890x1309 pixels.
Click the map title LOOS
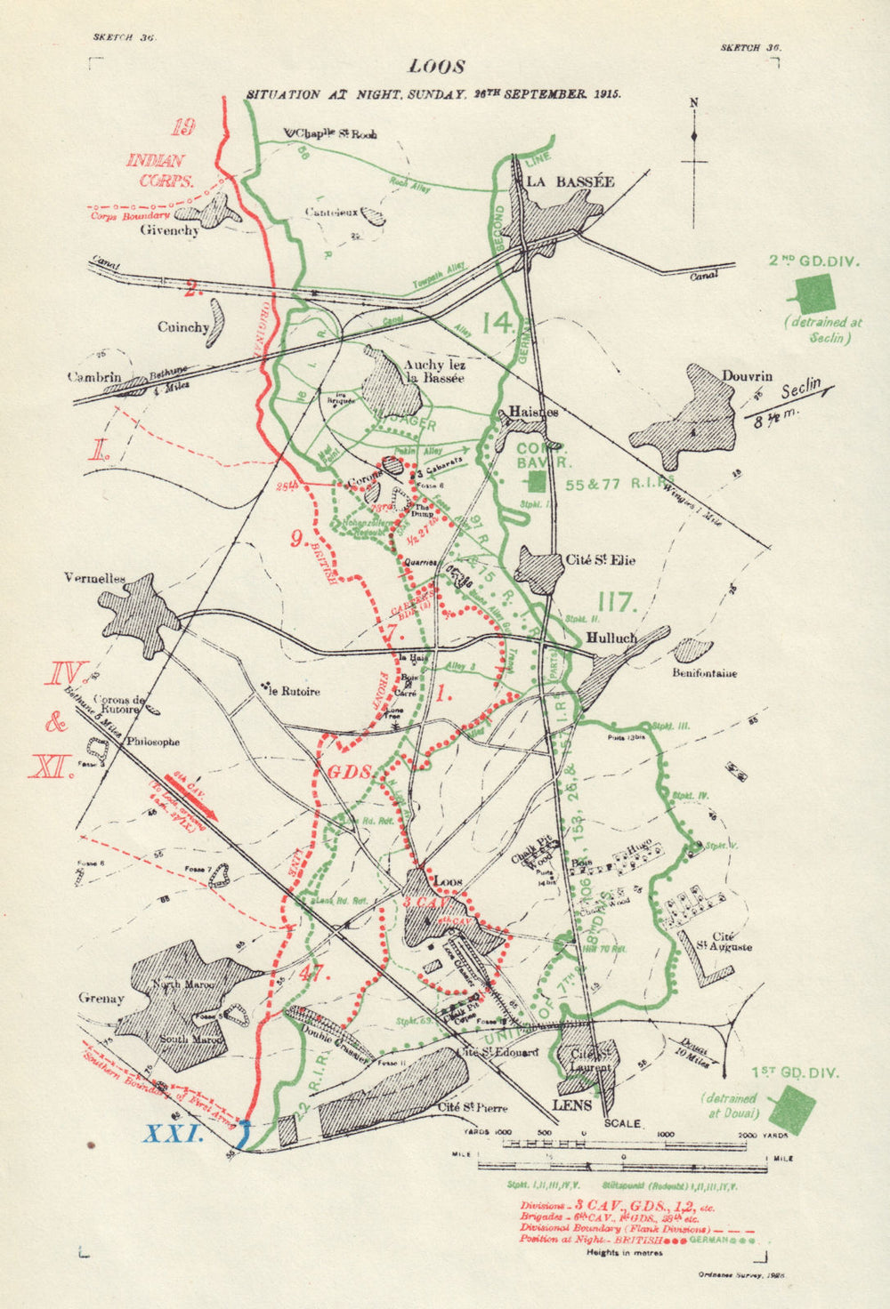(436, 67)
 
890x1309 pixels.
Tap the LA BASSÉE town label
(570, 181)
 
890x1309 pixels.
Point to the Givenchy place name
(170, 229)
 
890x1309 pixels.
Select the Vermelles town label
(94, 577)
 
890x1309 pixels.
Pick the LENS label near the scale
(572, 1105)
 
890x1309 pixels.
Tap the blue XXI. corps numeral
(175, 1134)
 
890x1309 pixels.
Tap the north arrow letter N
(694, 102)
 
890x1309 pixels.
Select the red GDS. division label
(350, 771)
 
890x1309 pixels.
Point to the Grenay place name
(101, 999)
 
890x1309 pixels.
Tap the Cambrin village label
(94, 377)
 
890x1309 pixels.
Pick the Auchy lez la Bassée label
(435, 371)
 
